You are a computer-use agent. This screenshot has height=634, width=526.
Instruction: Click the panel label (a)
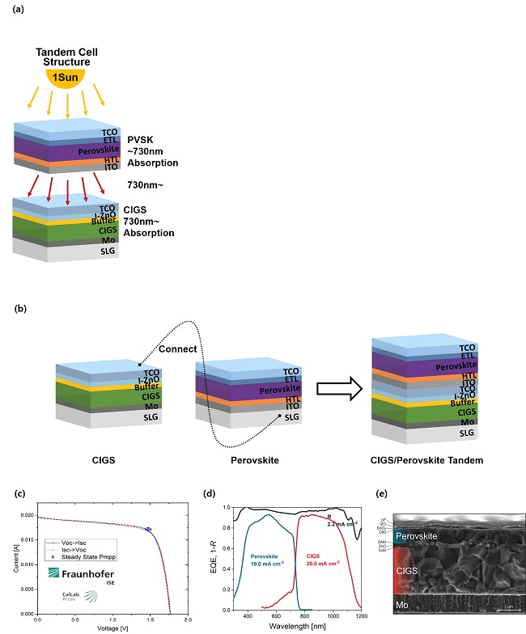(13, 11)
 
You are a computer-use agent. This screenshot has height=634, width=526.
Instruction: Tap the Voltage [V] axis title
(113, 627)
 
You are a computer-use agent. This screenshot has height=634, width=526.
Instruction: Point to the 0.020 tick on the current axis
(28, 515)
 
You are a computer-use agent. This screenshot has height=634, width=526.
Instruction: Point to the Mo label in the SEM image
(402, 603)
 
